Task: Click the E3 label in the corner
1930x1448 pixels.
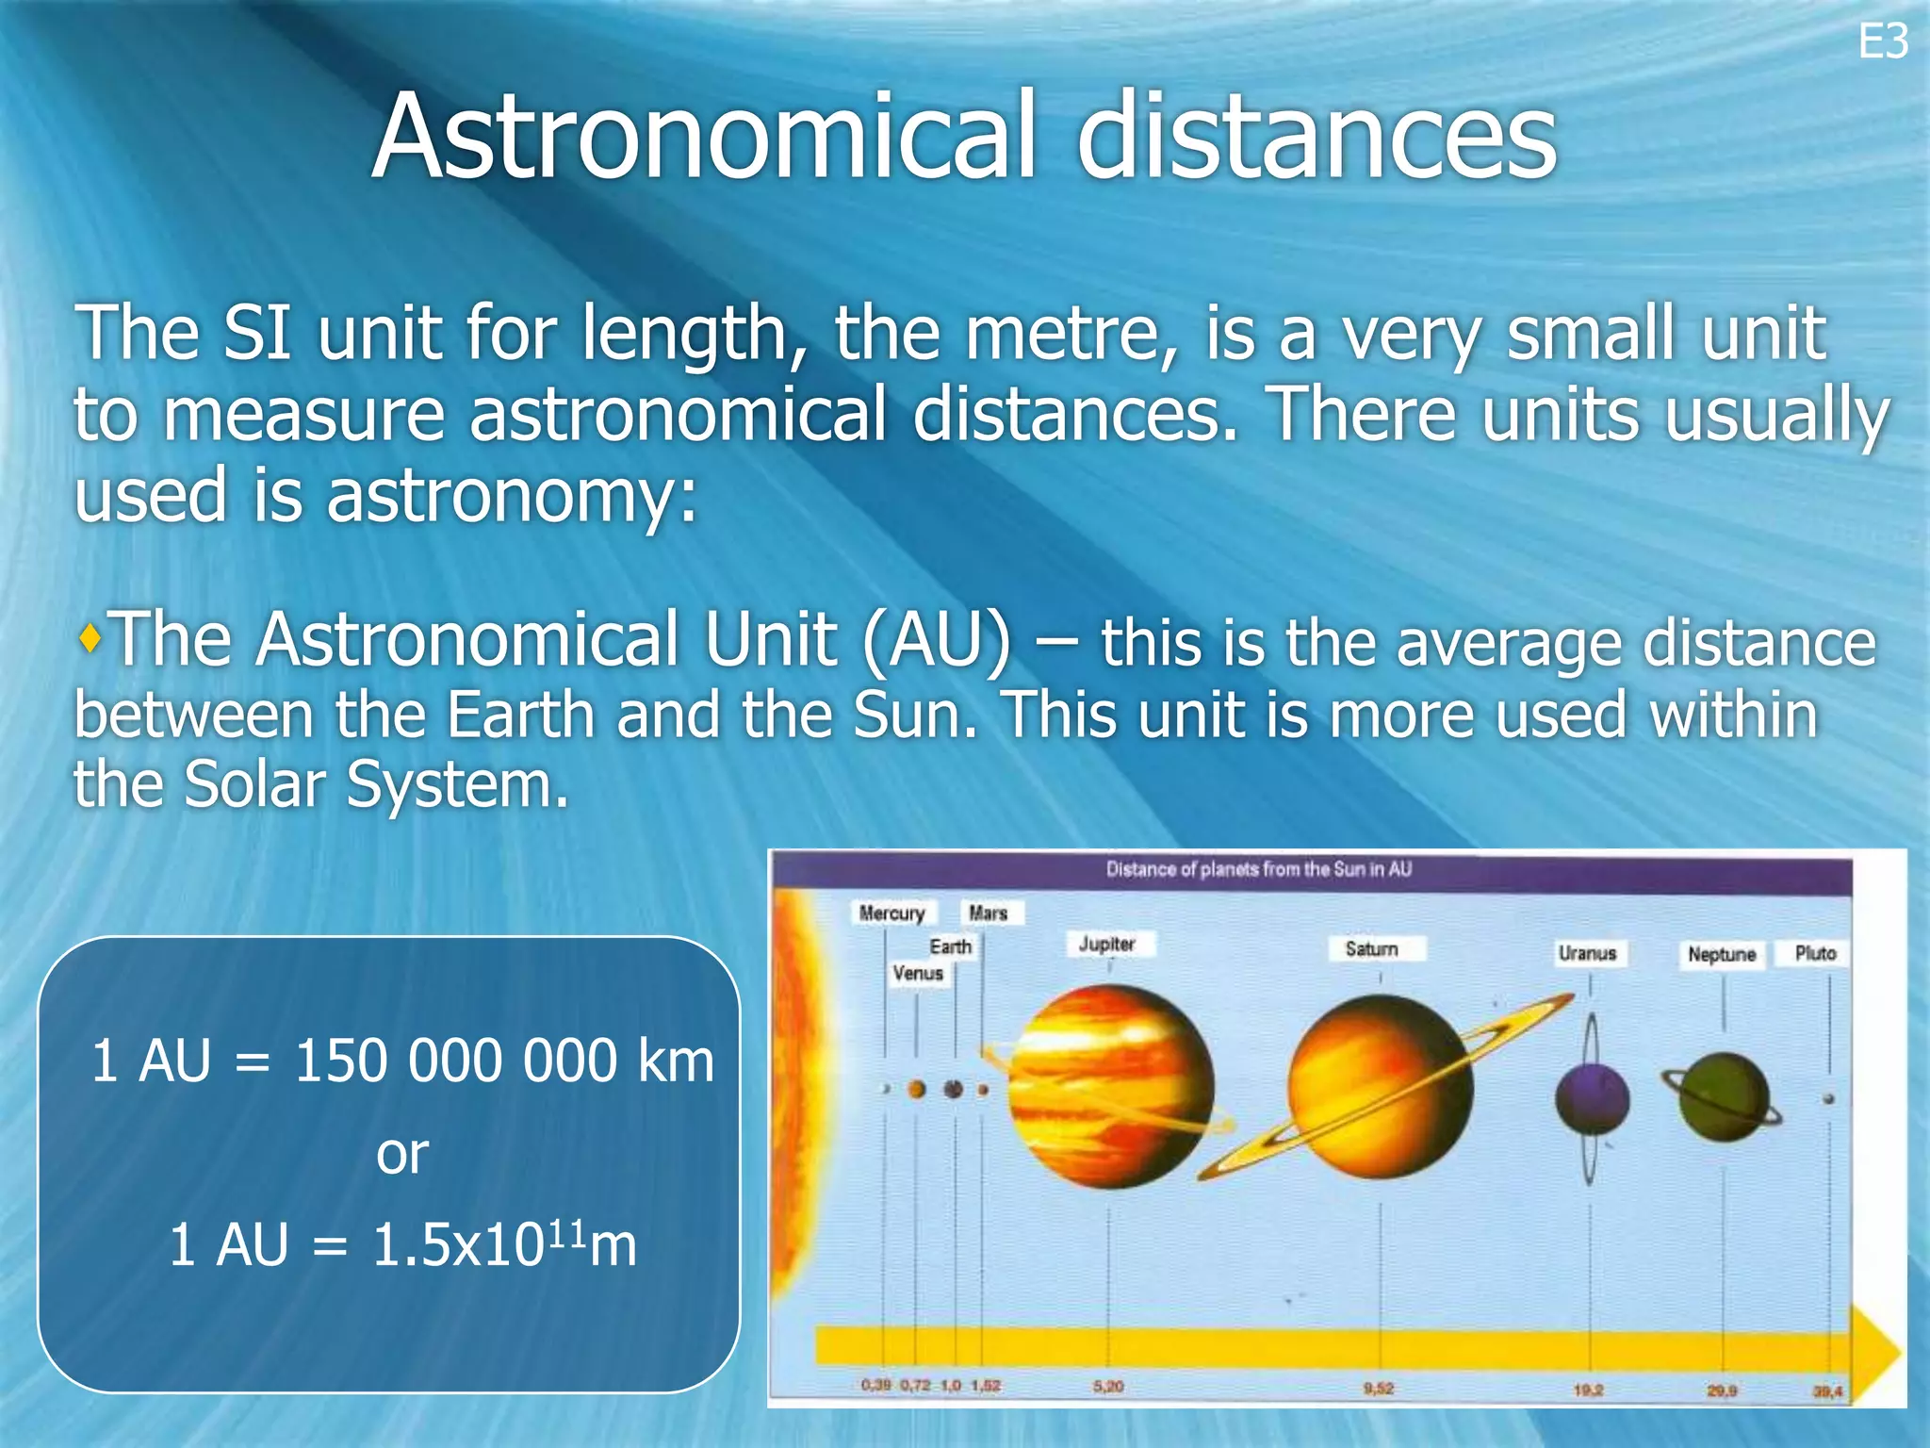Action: pyautogui.click(x=1882, y=42)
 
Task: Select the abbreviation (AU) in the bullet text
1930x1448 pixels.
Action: pyautogui.click(x=937, y=641)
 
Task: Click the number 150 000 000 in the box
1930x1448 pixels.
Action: pyautogui.click(x=456, y=1061)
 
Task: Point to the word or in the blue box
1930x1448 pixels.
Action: pyautogui.click(x=402, y=1153)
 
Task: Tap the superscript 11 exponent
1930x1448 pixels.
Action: pyautogui.click(x=564, y=1230)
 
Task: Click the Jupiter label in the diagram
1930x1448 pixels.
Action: pyautogui.click(x=1106, y=944)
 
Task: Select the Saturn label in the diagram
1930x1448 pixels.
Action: pyautogui.click(x=1371, y=948)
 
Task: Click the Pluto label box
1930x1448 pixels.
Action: pyautogui.click(x=1815, y=953)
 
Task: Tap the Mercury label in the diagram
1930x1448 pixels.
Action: pyautogui.click(x=891, y=913)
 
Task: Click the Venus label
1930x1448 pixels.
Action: pyautogui.click(x=917, y=973)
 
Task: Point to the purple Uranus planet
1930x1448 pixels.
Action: pyautogui.click(x=1592, y=1100)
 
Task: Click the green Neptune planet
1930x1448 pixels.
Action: pyautogui.click(x=1723, y=1098)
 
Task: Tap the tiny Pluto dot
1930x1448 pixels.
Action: pyautogui.click(x=1828, y=1099)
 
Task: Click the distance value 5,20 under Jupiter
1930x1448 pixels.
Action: pyautogui.click(x=1108, y=1387)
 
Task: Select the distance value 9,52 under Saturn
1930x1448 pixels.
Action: pyautogui.click(x=1378, y=1389)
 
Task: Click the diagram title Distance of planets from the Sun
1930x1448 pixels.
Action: pyautogui.click(x=1258, y=869)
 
